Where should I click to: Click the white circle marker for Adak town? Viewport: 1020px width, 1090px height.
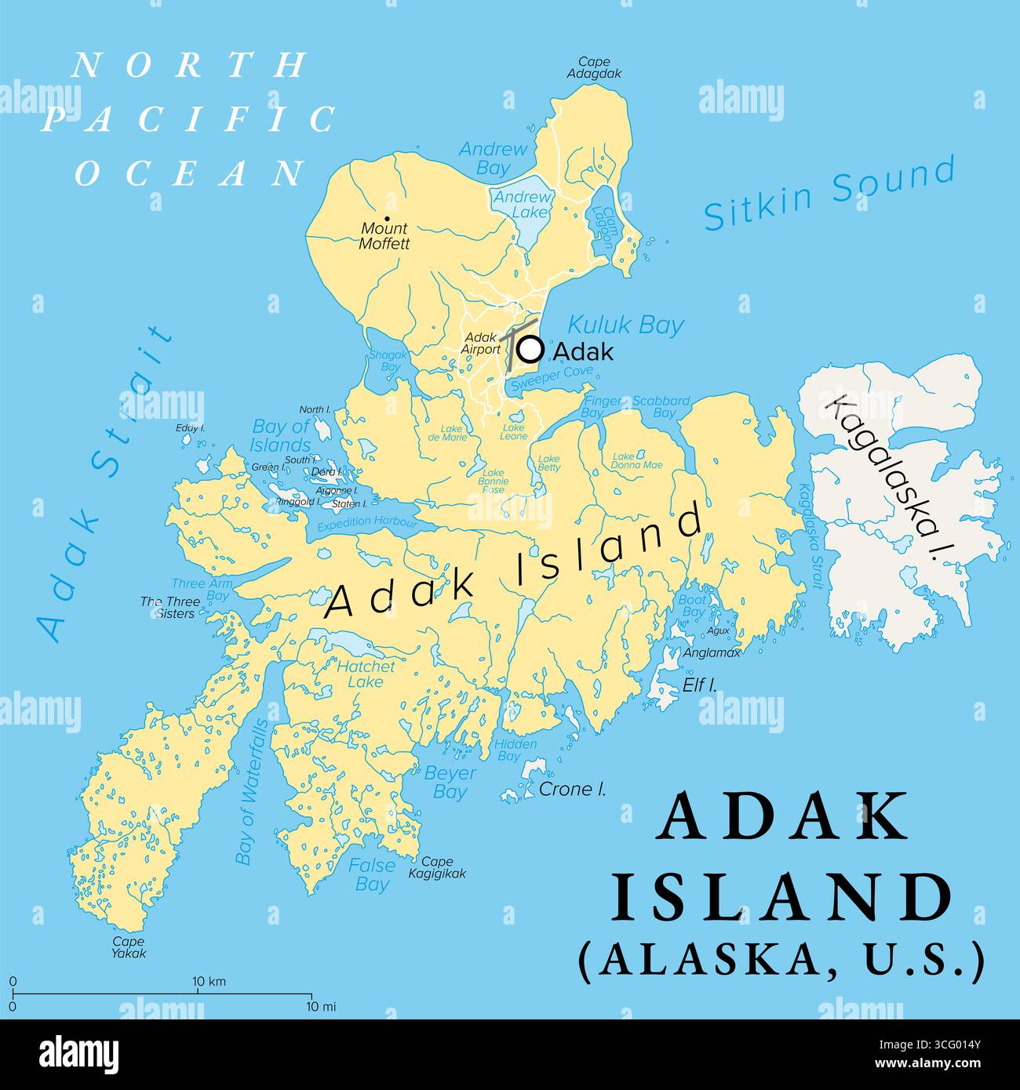[x=531, y=348]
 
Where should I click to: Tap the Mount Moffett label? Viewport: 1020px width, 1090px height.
[x=384, y=235]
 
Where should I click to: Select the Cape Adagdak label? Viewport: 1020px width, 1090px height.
[x=595, y=67]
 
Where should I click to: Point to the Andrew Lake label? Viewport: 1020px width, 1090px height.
[x=522, y=205]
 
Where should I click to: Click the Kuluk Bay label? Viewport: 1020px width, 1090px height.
[x=625, y=325]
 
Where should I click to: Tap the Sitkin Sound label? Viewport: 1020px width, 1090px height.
[x=829, y=192]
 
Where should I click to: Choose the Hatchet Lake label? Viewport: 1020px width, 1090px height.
[x=366, y=674]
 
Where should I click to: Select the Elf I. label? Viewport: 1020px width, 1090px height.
[x=699, y=685]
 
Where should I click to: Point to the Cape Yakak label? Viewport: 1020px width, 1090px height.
[x=128, y=947]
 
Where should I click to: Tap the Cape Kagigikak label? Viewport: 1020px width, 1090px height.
[x=437, y=867]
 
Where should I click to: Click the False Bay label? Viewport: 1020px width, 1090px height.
[x=372, y=874]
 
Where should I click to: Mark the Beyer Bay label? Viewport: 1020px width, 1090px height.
[x=450, y=782]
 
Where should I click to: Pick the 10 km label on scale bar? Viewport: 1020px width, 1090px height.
[x=209, y=982]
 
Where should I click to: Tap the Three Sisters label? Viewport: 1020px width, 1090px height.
[x=170, y=608]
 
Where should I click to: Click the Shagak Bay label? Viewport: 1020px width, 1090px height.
[x=390, y=361]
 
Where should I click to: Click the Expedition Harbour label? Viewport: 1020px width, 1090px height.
[x=366, y=524]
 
